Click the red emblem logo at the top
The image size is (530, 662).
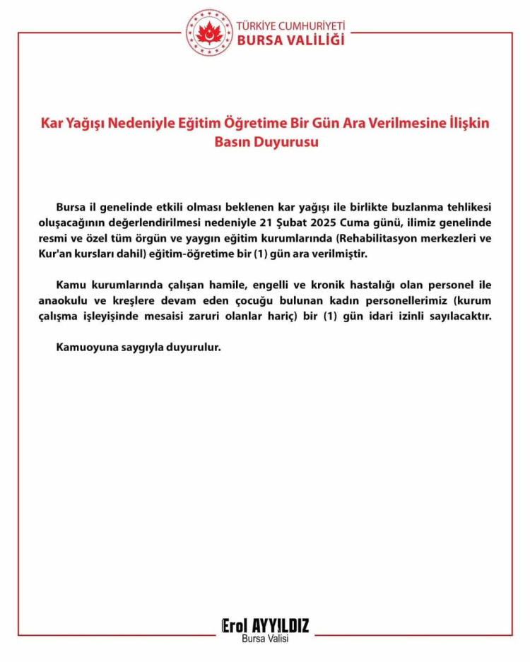[x=208, y=32]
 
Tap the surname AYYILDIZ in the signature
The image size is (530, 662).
[x=281, y=625]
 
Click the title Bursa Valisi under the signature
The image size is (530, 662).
[x=265, y=639]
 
